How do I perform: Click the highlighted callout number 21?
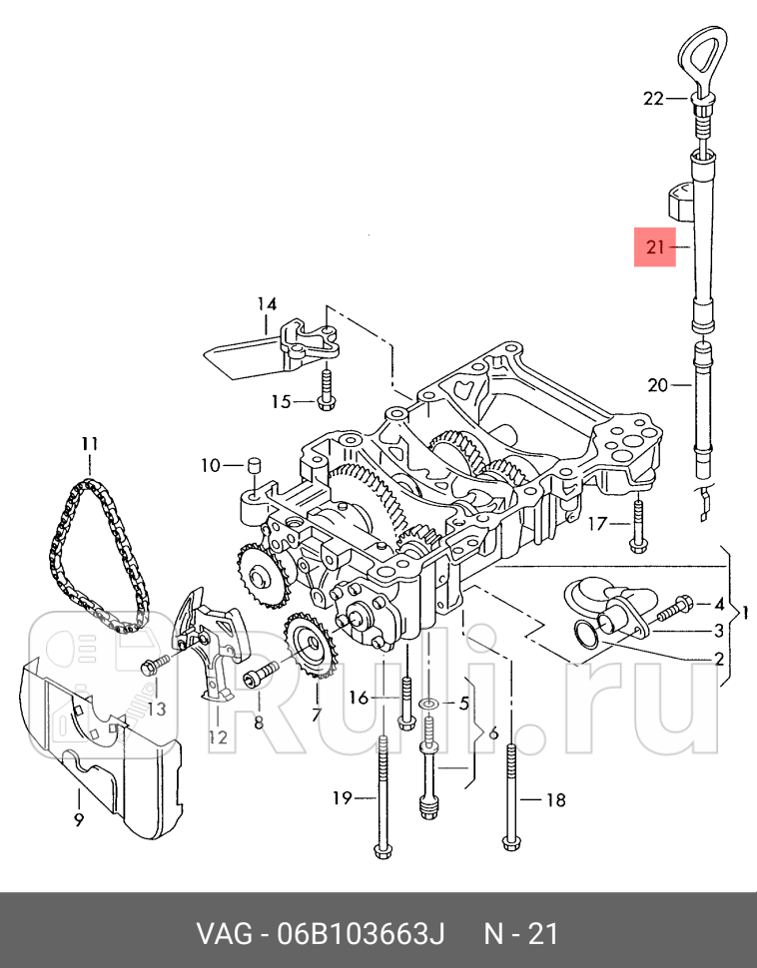pos(654,246)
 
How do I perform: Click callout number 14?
pos(267,303)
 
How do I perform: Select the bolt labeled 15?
pos(327,389)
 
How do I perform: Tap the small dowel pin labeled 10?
pos(254,465)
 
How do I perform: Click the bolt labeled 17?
pos(638,524)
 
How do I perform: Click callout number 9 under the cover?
pos(79,820)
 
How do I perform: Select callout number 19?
pos(343,798)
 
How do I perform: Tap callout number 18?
pos(556,800)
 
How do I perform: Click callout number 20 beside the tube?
pos(657,385)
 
